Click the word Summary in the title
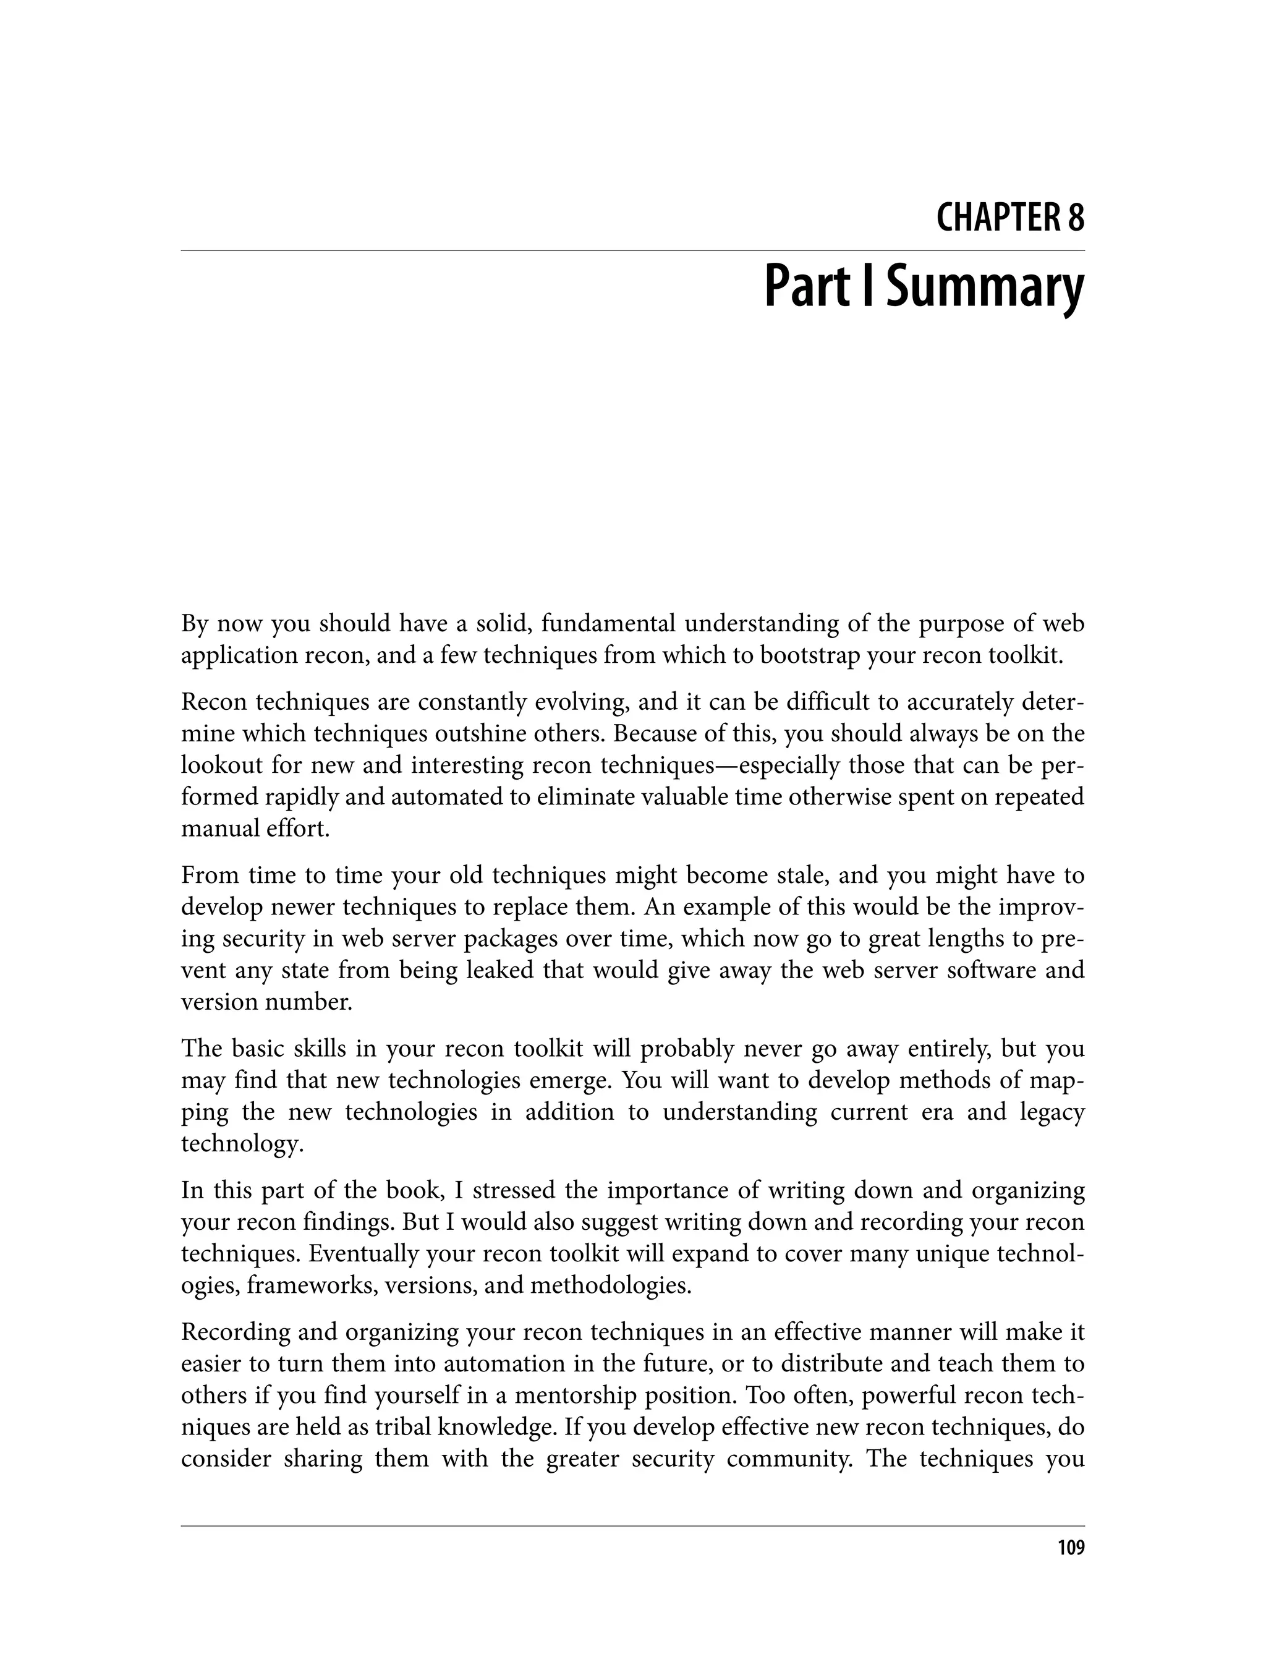coord(984,289)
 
